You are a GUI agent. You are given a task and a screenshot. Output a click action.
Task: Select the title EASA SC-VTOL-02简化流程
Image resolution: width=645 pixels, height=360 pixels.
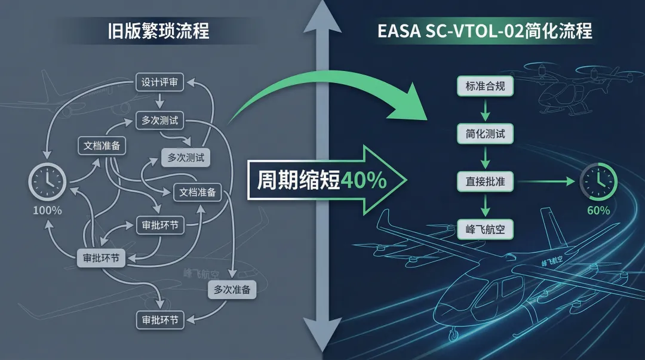click(485, 30)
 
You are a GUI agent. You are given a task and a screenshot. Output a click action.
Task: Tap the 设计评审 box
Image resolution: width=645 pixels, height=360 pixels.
click(159, 82)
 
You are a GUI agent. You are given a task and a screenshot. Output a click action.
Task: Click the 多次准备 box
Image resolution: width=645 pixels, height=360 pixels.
click(232, 290)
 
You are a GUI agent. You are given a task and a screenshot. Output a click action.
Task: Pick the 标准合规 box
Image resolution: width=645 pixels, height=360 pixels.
click(485, 86)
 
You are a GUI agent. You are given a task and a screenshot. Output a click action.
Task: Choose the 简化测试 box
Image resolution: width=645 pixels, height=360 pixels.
click(485, 133)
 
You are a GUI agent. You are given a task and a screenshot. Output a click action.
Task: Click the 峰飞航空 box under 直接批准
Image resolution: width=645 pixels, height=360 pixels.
click(485, 229)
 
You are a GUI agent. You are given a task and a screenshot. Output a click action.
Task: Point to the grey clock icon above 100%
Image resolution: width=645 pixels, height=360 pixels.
click(47, 180)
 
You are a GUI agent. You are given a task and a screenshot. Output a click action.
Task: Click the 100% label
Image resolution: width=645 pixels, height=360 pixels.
click(47, 210)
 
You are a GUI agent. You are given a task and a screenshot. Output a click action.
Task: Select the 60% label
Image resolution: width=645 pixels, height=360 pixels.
click(598, 210)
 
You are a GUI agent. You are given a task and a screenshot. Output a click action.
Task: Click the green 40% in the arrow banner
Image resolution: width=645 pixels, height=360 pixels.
click(363, 180)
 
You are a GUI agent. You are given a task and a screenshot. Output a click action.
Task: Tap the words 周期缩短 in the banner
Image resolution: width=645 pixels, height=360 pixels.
click(298, 180)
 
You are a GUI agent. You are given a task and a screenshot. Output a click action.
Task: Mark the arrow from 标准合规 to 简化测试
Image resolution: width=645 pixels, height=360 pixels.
click(485, 109)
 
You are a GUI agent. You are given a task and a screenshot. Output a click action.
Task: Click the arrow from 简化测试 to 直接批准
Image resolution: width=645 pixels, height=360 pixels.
click(485, 157)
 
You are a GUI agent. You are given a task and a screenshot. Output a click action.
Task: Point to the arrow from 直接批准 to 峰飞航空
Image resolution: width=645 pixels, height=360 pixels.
click(485, 205)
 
